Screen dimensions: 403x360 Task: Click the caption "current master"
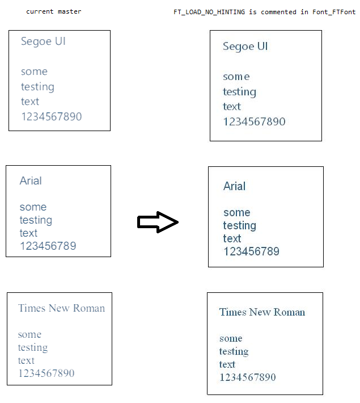point(54,11)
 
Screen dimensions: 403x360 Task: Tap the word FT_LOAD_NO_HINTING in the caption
point(209,12)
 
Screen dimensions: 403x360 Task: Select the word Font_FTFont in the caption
point(334,12)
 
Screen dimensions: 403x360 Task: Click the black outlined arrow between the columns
point(158,222)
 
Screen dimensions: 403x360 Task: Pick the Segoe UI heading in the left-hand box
point(43,41)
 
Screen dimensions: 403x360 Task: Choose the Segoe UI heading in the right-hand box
point(245,47)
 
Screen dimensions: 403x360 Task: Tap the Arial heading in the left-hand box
point(31,181)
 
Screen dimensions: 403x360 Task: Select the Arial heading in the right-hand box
point(234,186)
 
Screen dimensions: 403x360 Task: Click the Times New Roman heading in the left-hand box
point(61,308)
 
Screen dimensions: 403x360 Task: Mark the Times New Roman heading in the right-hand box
point(262,312)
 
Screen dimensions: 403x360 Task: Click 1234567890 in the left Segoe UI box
point(51,117)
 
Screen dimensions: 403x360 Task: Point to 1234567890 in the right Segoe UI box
point(254,122)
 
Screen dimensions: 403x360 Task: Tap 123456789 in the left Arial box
point(48,246)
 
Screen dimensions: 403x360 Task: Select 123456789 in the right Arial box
point(251,251)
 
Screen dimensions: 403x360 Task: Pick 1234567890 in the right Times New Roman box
point(247,377)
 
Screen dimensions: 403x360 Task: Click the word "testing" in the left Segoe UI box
point(37,87)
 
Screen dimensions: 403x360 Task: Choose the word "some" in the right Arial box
point(236,213)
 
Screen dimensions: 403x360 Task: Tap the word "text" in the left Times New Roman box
point(26,360)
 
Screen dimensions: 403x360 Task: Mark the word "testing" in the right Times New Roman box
point(234,352)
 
